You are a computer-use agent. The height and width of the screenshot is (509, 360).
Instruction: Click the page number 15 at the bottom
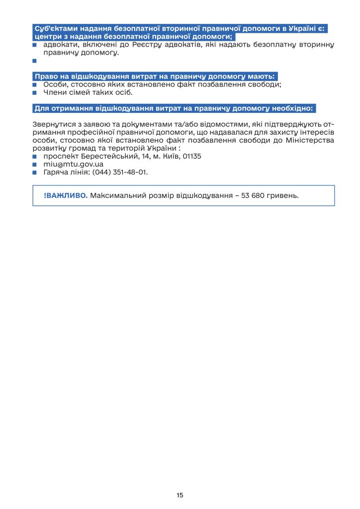click(180, 495)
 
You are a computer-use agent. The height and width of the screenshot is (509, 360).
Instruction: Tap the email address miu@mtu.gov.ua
click(73, 164)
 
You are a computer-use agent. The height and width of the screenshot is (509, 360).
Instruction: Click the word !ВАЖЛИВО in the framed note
click(66, 195)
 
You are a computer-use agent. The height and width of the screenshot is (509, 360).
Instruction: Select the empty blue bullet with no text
click(35, 61)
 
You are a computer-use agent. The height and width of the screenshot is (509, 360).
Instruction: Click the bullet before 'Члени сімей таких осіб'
click(35, 92)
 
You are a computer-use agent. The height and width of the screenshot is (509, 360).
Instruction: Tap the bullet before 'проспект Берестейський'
click(35, 156)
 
